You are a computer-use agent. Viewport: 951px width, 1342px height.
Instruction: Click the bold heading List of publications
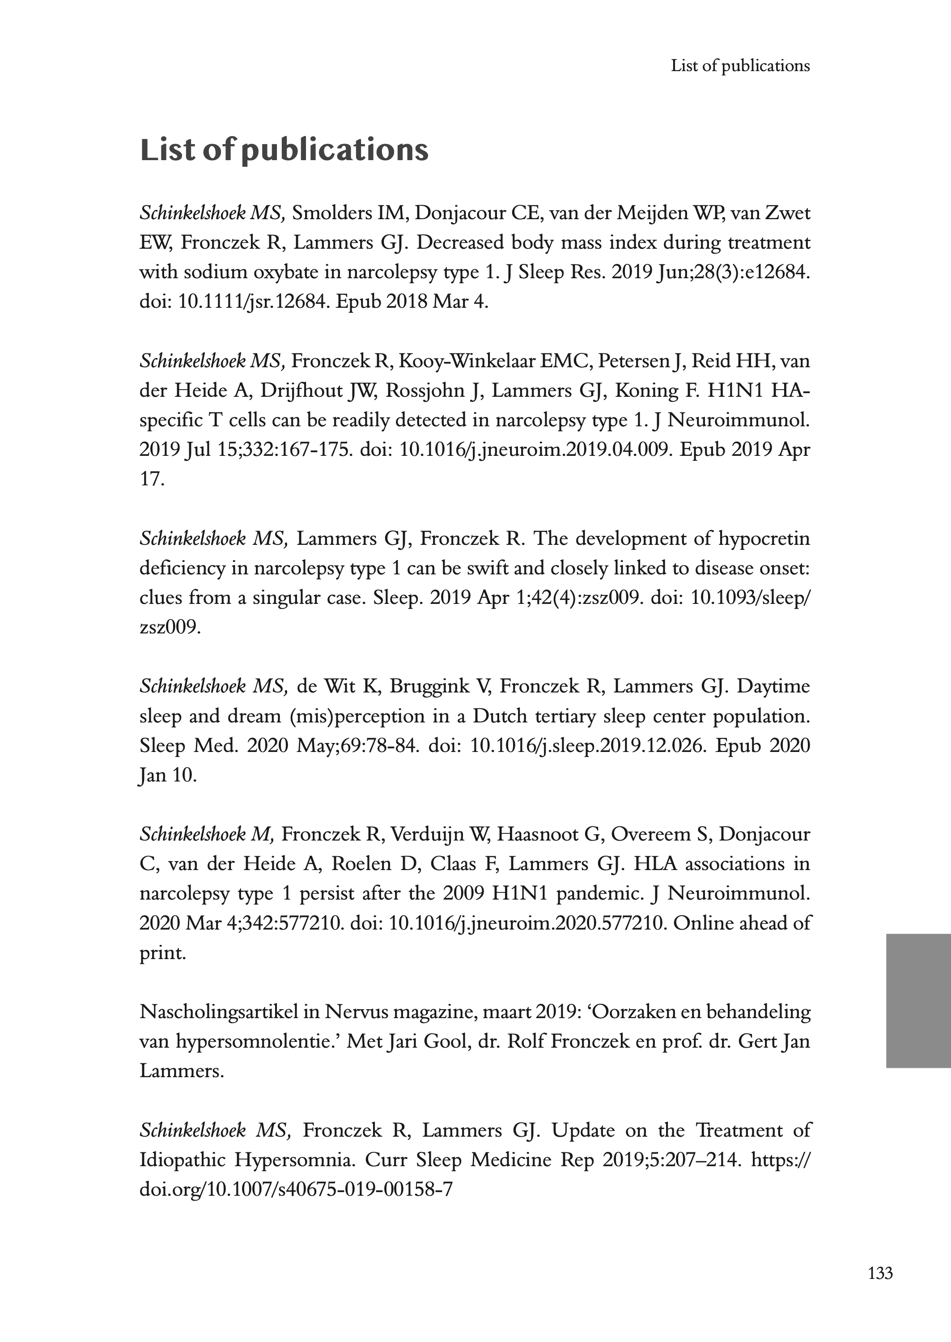(284, 150)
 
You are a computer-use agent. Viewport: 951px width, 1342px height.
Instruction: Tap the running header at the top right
(740, 66)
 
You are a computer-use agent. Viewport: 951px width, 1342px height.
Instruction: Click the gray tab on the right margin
(917, 1001)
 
